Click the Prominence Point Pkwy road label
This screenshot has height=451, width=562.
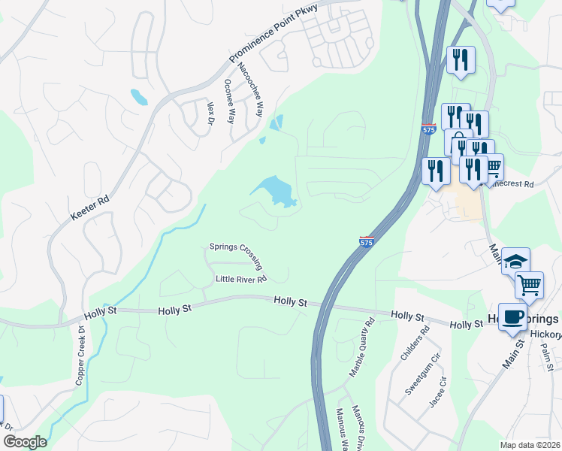(x=273, y=35)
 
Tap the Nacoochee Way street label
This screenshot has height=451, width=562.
(x=250, y=89)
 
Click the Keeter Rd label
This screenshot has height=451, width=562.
(x=90, y=207)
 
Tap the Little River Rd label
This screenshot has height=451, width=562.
(x=241, y=280)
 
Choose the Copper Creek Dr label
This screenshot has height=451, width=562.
(x=82, y=356)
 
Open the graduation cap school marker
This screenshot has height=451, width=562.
(x=515, y=261)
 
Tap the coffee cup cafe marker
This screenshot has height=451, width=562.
(x=514, y=316)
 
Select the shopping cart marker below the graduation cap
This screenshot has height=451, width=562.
(x=530, y=286)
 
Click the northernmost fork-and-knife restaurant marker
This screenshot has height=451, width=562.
(x=461, y=59)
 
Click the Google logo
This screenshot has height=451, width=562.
(x=25, y=442)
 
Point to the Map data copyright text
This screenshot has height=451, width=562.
(x=529, y=445)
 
